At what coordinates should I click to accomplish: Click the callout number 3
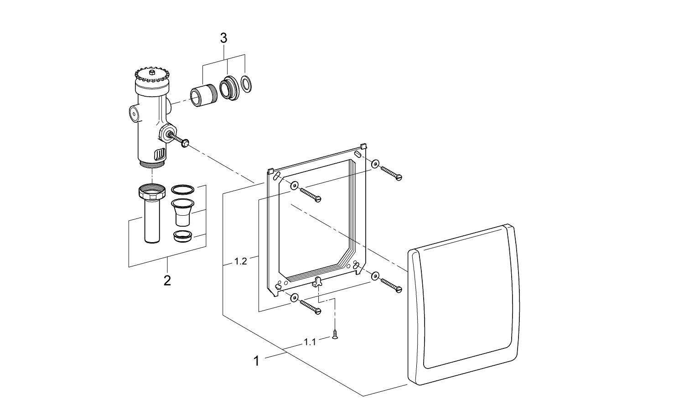coord(223,38)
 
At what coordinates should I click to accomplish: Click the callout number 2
coord(167,280)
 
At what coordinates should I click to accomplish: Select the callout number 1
coord(256,361)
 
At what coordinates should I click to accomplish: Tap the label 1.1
coord(310,342)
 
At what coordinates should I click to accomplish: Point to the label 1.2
coord(240,261)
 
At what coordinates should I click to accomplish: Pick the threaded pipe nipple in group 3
coord(202,95)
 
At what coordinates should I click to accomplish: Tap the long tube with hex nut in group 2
coord(151,214)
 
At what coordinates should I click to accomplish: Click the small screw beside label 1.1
coord(335,336)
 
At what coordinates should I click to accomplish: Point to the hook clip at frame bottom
coord(316,282)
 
